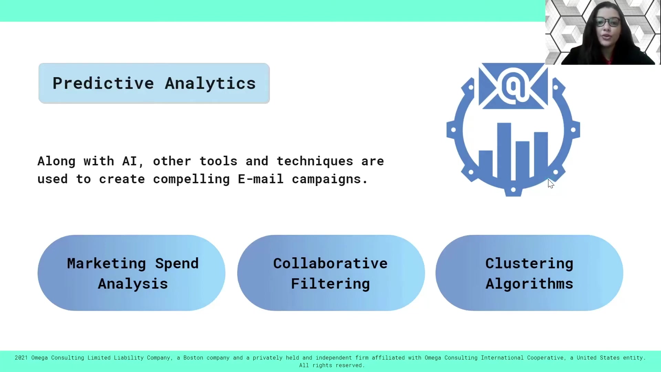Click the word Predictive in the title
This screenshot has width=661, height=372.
[x=103, y=83]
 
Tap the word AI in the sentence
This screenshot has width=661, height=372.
[x=130, y=161]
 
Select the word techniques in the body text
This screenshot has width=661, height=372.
[x=315, y=162]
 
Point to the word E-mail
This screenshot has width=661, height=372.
[x=261, y=179]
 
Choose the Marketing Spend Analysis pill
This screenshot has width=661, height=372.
[x=132, y=273]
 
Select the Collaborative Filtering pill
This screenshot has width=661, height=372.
[x=331, y=273]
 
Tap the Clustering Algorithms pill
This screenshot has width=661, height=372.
[x=529, y=273]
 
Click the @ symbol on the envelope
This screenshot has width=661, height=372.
[x=513, y=86]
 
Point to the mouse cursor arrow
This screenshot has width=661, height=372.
[x=551, y=184]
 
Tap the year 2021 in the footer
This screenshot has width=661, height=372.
[x=21, y=358]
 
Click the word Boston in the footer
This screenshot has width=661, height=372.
[x=193, y=358]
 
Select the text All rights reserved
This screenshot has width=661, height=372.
[x=332, y=365]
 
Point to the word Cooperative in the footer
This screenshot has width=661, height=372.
[x=546, y=358]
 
